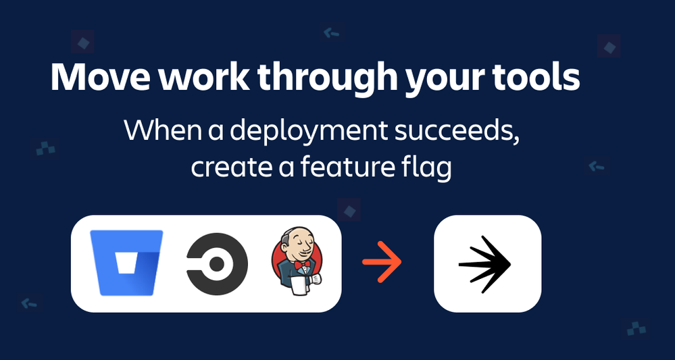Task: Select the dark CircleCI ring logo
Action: [217, 263]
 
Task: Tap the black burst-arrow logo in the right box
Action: [485, 263]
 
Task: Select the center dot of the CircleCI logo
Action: [218, 263]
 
